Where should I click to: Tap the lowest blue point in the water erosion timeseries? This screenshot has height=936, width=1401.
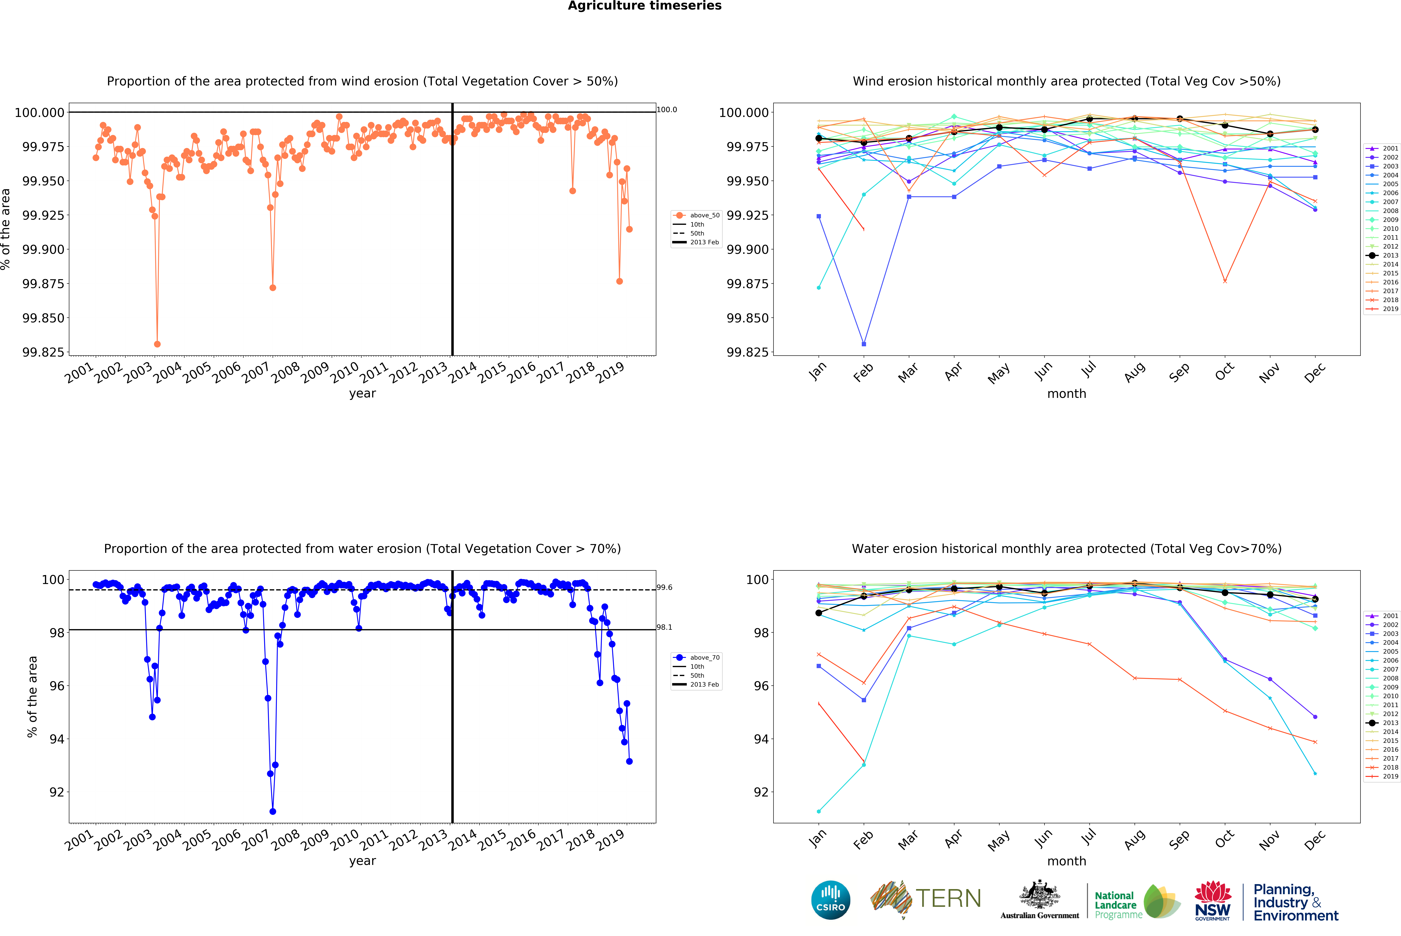273,811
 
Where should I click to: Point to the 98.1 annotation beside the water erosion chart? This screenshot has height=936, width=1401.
664,627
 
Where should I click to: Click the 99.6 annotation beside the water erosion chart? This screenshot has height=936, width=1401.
664,587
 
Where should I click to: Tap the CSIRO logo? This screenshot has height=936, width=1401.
830,900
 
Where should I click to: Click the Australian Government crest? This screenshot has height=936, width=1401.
1040,895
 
